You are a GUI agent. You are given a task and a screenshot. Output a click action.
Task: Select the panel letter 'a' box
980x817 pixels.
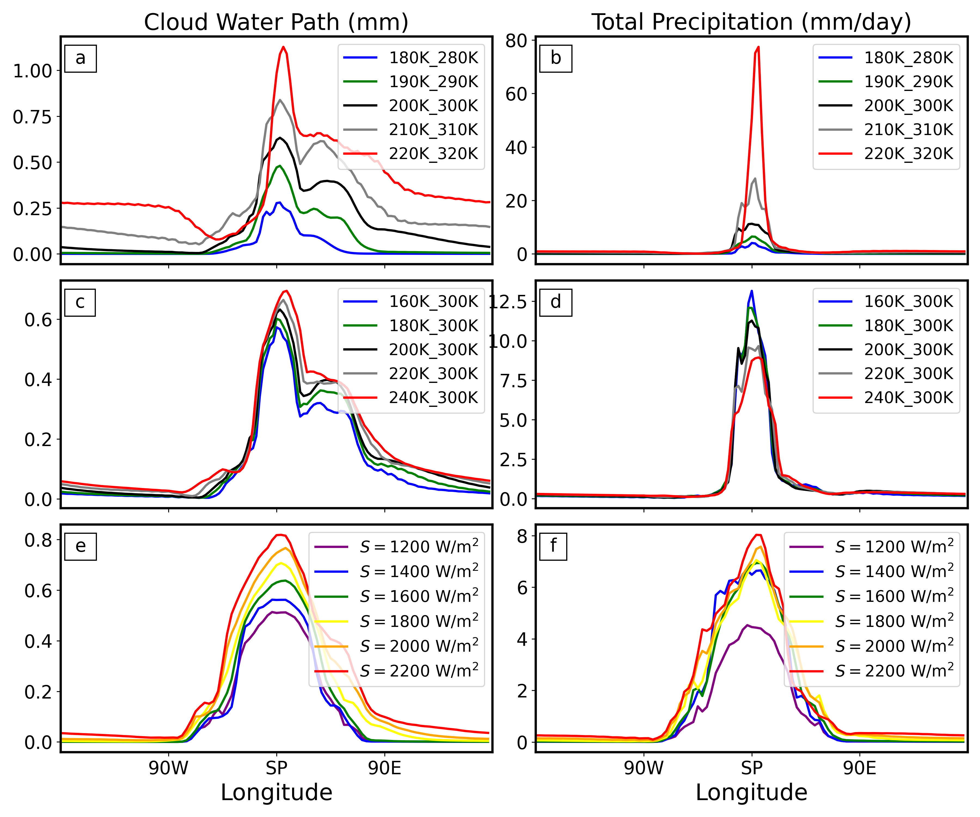coord(80,58)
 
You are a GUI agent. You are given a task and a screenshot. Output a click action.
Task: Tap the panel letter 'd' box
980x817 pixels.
coord(555,303)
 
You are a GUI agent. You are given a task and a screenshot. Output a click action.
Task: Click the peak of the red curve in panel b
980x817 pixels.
coord(758,47)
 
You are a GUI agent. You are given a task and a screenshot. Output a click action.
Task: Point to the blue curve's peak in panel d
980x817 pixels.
coord(751,291)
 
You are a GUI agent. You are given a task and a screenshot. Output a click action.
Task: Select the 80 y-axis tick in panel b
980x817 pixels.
coord(516,41)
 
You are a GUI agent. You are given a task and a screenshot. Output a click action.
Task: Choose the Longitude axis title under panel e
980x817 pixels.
coord(276,793)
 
